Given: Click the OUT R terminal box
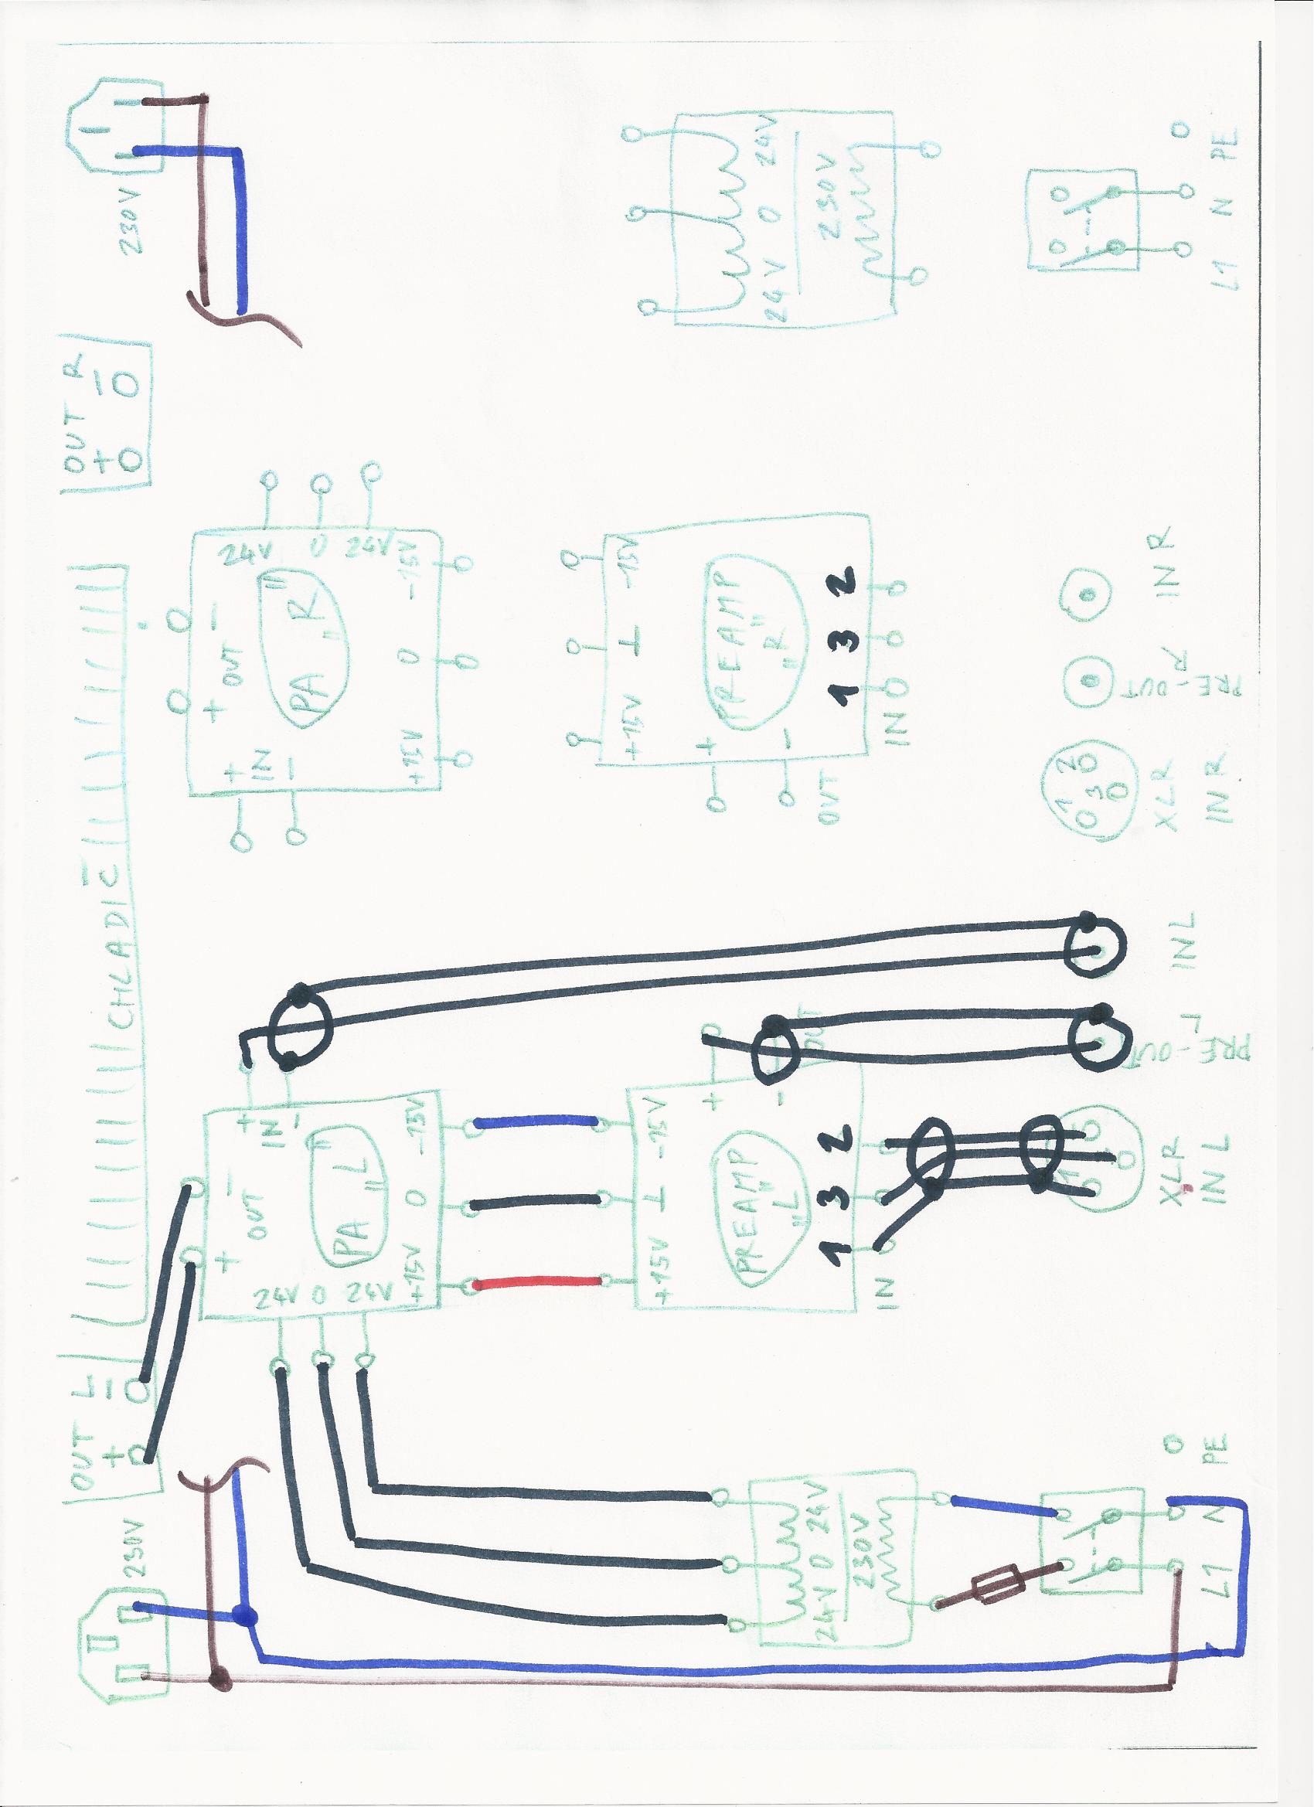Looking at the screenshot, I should pyautogui.click(x=107, y=413).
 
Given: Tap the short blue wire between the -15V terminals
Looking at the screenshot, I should pyautogui.click(x=536, y=1121).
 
